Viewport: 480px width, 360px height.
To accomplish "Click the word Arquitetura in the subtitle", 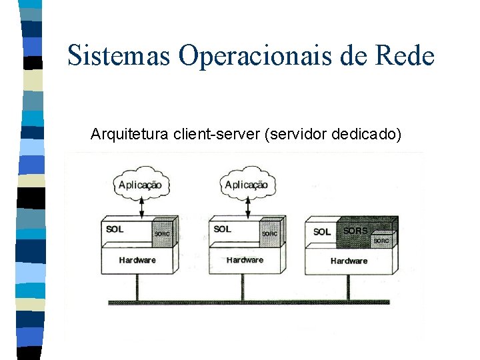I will point(129,135).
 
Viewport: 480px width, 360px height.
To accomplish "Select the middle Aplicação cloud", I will point(247,185).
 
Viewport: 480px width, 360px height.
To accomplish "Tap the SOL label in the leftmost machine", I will point(115,229).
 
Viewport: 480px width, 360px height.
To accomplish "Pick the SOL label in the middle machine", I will point(223,229).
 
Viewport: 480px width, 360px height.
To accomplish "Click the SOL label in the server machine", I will point(322,232).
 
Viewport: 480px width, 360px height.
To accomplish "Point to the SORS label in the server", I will point(355,231).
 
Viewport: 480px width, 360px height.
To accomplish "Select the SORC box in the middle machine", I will point(269,233).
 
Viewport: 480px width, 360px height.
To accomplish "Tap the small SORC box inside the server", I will point(381,240).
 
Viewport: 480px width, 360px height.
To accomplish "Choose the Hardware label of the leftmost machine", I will point(137,259).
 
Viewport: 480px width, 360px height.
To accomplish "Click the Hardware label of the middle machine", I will point(245,259).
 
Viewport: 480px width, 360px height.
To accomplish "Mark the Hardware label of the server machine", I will point(349,261).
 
